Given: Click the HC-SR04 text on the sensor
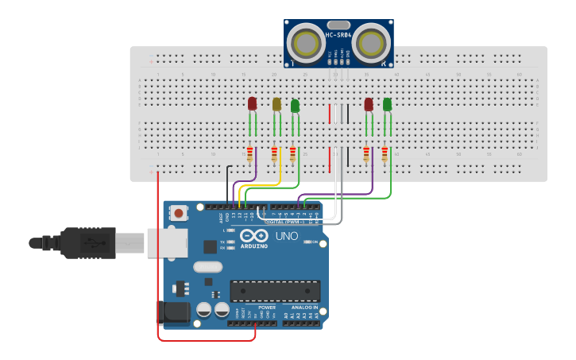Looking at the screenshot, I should pyautogui.click(x=339, y=34).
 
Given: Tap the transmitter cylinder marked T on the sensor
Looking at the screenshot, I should pyautogui.click(x=303, y=41).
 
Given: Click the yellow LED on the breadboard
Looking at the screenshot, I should pyautogui.click(x=276, y=104).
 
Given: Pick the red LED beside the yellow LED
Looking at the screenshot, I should pyautogui.click(x=253, y=103).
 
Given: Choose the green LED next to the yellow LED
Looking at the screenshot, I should pyautogui.click(x=295, y=105).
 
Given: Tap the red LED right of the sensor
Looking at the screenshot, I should pyautogui.click(x=368, y=104).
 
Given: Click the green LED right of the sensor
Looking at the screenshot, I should pyautogui.click(x=387, y=104).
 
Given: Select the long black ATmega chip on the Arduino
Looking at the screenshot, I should pyautogui.click(x=275, y=291).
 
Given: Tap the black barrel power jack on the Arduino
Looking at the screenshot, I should pyautogui.click(x=176, y=312).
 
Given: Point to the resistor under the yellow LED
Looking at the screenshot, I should pyautogui.click(x=276, y=154).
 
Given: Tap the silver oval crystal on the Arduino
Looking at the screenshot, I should pyautogui.click(x=207, y=268).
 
